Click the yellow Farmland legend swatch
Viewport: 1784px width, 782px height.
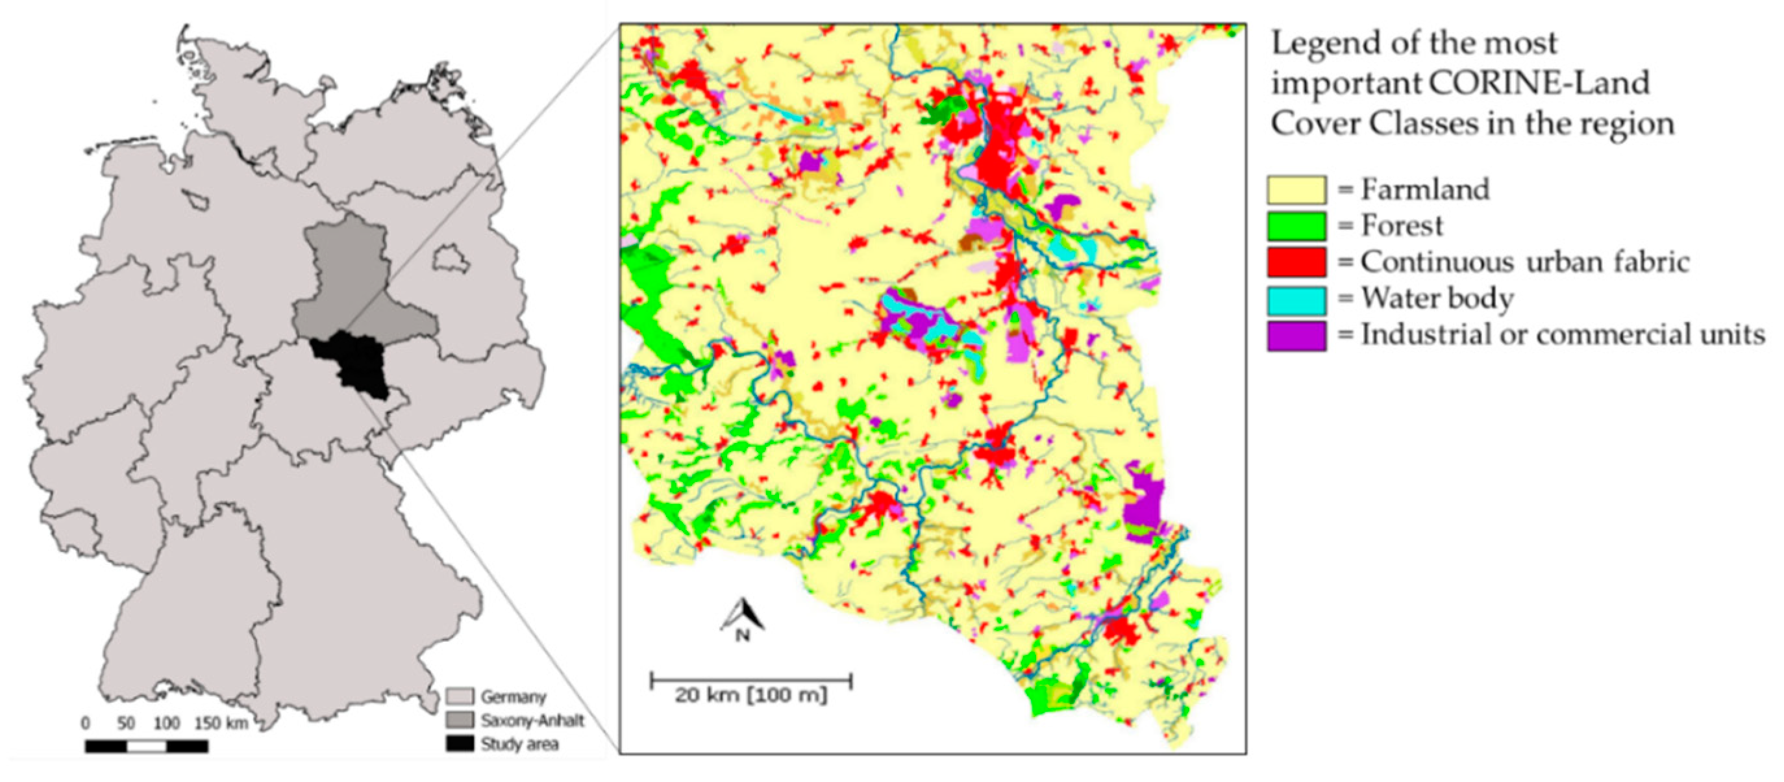coord(1296,190)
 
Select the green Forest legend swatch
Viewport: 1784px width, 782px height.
coord(1296,226)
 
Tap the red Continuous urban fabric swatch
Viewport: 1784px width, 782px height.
coord(1296,262)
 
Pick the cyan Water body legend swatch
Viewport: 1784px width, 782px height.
coord(1296,300)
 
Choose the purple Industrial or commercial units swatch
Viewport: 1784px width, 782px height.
coord(1296,336)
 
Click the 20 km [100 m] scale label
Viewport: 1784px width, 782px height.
coord(750,695)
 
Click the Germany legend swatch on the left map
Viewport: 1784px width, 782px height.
coord(459,696)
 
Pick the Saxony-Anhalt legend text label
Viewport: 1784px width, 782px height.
coord(532,720)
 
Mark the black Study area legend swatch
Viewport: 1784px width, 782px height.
coord(459,744)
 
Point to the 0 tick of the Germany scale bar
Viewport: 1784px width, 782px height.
coord(85,724)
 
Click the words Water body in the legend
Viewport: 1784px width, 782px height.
coord(1437,299)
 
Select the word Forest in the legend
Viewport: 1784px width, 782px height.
coord(1402,226)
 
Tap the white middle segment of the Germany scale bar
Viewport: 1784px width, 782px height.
coord(147,746)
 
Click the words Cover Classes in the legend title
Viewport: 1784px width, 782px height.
coord(1378,125)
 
